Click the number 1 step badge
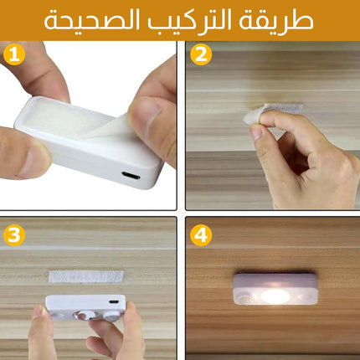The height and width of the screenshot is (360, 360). coord(14,54)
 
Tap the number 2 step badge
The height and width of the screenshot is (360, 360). coord(201,54)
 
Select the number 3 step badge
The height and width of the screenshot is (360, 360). coord(14,235)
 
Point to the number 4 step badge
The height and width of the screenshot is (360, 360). coord(201,235)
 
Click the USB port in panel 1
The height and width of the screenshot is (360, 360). coord(131,176)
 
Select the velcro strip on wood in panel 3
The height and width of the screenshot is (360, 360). coord(86,276)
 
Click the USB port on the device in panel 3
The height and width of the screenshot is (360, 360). coord(113,302)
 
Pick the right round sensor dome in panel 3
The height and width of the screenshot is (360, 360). coord(112,316)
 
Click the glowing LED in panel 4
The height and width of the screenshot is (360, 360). coord(275,296)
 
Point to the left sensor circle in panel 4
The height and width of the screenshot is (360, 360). coord(246,299)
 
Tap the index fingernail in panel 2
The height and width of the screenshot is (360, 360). coord(256,132)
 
